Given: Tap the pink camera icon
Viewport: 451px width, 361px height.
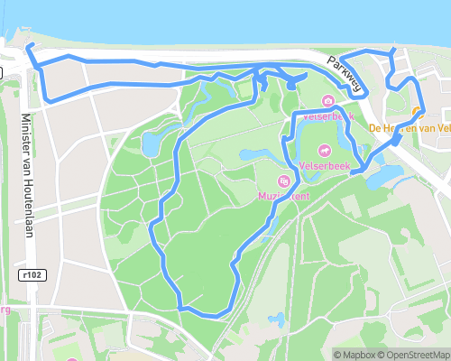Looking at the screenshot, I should (x=328, y=101).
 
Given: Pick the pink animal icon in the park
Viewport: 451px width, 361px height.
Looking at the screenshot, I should (x=323, y=150).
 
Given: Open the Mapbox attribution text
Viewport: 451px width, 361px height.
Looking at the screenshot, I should (x=354, y=355).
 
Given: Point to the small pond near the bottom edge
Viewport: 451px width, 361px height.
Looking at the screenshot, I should (x=279, y=319).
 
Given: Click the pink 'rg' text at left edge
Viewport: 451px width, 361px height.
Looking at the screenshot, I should (x=4, y=311).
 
